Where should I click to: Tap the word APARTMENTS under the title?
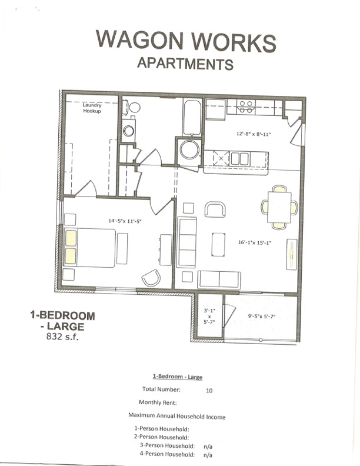(x=185, y=63)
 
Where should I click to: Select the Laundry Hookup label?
(x=92, y=108)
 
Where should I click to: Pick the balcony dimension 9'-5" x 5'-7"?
(x=261, y=317)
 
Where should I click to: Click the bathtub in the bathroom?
(x=192, y=118)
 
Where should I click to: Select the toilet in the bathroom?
(x=135, y=108)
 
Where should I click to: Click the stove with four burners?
(x=246, y=106)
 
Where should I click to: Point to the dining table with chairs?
(x=279, y=207)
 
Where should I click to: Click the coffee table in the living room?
(x=218, y=244)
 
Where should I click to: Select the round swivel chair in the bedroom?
(x=151, y=277)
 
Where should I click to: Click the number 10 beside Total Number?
(x=209, y=390)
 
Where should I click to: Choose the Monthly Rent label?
(x=158, y=402)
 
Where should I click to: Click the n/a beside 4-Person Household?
(x=208, y=455)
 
